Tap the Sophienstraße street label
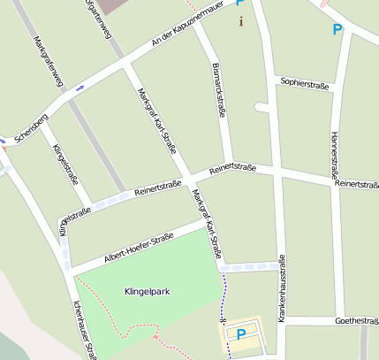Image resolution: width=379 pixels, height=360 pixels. tap(305, 85)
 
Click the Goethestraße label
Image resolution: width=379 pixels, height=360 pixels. tap(357, 321)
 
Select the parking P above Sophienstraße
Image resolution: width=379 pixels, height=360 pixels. tap(337, 30)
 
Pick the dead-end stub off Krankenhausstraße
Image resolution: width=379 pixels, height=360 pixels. tap(261, 107)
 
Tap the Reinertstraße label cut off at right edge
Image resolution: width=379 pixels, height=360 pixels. tap(358, 184)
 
